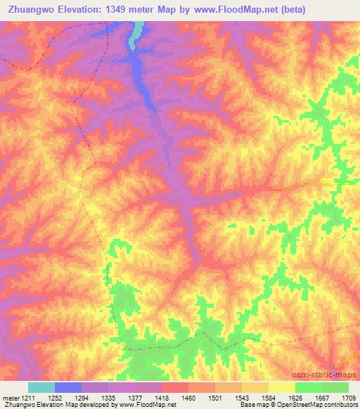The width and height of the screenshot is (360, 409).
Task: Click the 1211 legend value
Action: (27, 398)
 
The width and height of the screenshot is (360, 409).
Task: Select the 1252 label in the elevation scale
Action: (56, 398)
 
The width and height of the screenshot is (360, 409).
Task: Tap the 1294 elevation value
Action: (82, 398)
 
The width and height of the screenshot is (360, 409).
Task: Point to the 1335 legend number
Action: (109, 398)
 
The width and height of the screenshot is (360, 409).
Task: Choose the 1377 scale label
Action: (135, 398)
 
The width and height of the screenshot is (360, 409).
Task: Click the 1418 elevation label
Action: (162, 398)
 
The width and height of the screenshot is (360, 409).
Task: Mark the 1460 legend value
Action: (188, 398)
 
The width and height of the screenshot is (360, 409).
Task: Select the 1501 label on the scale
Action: (215, 398)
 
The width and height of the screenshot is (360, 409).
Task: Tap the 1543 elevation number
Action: (241, 398)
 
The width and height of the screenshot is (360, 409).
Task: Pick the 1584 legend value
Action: (268, 398)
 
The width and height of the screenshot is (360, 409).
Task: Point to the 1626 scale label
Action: (295, 398)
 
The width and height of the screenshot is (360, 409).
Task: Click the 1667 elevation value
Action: (321, 398)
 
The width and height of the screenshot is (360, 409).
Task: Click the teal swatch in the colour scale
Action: (41, 387)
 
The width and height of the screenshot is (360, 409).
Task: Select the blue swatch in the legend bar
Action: (68, 387)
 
